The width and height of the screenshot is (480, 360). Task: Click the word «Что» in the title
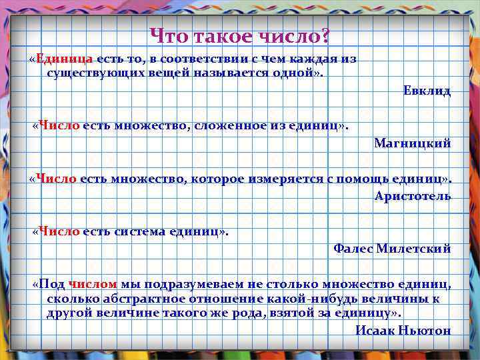pyautogui.click(x=167, y=34)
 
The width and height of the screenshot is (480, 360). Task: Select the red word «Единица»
pyautogui.click(x=65, y=59)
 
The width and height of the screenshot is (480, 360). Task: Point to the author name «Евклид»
pyautogui.click(x=427, y=91)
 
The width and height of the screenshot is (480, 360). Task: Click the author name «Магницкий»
pyautogui.click(x=412, y=143)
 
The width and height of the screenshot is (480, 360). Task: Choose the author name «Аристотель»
pyautogui.click(x=412, y=195)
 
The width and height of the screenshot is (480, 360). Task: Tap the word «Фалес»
pyautogui.click(x=353, y=248)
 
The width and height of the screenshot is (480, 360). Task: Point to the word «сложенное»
pyautogui.click(x=225, y=125)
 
